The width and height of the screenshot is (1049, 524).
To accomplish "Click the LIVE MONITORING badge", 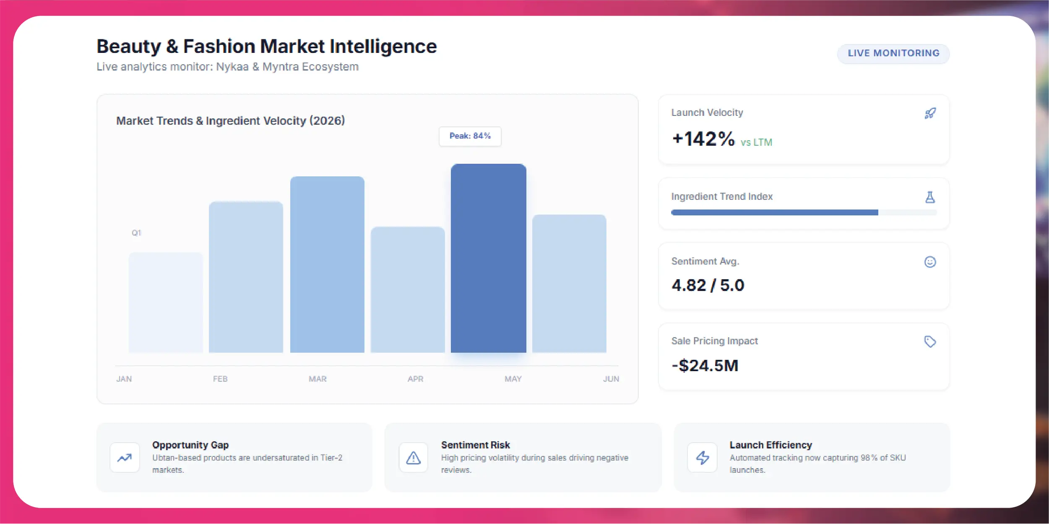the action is pyautogui.click(x=893, y=54).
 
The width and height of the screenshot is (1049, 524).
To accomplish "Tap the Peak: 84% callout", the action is pyautogui.click(x=470, y=136).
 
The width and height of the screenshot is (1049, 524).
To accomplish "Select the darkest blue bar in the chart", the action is pyautogui.click(x=488, y=258).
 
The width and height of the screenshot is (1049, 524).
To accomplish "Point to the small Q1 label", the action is pyautogui.click(x=136, y=233).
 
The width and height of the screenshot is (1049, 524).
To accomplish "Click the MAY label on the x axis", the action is pyautogui.click(x=513, y=379).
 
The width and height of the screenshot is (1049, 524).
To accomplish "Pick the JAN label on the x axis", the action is pyautogui.click(x=124, y=379).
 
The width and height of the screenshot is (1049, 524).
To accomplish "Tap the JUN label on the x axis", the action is pyautogui.click(x=611, y=379).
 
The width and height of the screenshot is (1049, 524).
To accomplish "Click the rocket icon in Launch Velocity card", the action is pyautogui.click(x=930, y=113).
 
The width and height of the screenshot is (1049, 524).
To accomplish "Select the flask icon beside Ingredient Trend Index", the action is pyautogui.click(x=930, y=197).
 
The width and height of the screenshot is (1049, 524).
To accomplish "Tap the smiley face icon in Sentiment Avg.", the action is pyautogui.click(x=930, y=262).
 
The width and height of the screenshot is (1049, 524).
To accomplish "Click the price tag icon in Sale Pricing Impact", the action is pyautogui.click(x=930, y=341).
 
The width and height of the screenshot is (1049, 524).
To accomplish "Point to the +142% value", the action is pyautogui.click(x=703, y=139).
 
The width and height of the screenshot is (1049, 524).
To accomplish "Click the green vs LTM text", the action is pyautogui.click(x=756, y=142).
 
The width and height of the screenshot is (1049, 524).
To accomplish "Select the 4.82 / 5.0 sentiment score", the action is pyautogui.click(x=708, y=286).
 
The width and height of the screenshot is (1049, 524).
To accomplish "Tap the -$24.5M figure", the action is pyautogui.click(x=705, y=366).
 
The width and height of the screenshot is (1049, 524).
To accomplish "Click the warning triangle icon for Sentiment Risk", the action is pyautogui.click(x=413, y=458).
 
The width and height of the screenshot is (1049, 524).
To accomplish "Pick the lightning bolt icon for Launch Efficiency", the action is pyautogui.click(x=703, y=458).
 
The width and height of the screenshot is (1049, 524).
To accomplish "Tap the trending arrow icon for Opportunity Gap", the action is pyautogui.click(x=125, y=458).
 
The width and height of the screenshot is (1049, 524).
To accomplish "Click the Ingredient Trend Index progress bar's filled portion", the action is pyautogui.click(x=775, y=212).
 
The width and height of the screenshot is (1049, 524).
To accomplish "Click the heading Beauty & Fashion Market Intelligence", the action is pyautogui.click(x=267, y=46).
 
